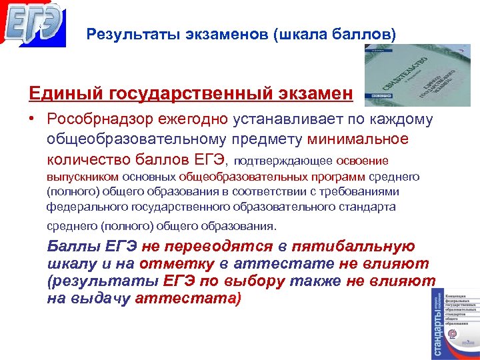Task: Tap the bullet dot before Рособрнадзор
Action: tap(31, 120)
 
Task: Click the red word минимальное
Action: tap(358, 139)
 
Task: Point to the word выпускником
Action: tap(81, 177)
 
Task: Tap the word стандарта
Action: tap(370, 207)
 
